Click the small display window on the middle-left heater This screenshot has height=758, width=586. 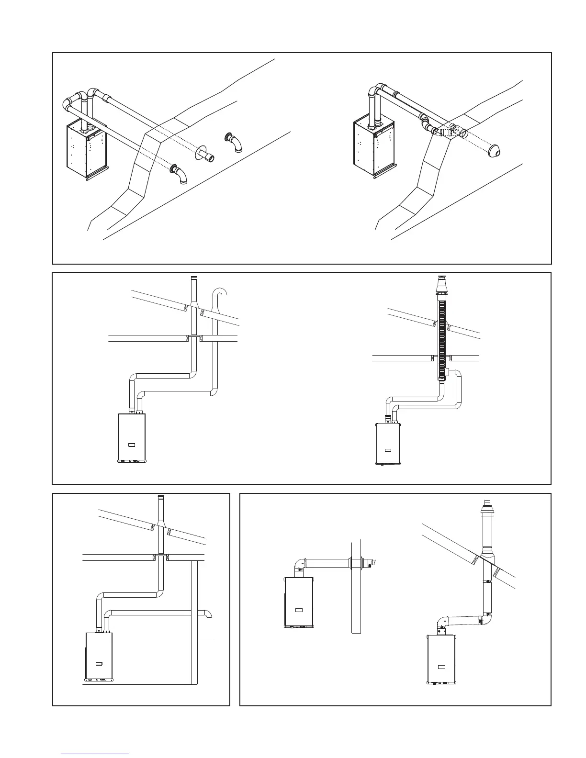pyautogui.click(x=132, y=445)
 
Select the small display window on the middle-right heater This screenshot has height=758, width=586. pyautogui.click(x=388, y=450)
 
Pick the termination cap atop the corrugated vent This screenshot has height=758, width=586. pyautogui.click(x=441, y=284)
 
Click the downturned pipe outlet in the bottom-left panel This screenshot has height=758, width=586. pyautogui.click(x=209, y=614)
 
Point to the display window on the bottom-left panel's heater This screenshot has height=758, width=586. pyautogui.click(x=99, y=664)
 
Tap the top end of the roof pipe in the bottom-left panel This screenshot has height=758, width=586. pyautogui.click(x=160, y=499)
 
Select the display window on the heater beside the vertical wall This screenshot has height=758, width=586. pyautogui.click(x=299, y=610)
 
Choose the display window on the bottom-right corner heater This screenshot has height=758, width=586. pyautogui.click(x=441, y=667)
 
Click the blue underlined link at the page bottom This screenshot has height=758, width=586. pyautogui.click(x=96, y=754)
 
